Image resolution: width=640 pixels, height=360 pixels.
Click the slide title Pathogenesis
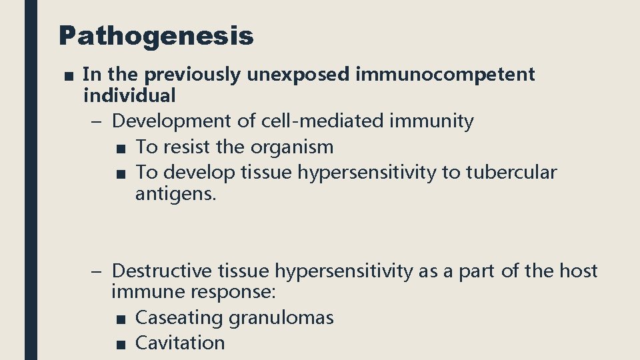coord(156,36)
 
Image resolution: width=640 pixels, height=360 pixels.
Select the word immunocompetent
coord(445,75)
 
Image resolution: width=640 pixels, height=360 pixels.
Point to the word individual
coord(129,96)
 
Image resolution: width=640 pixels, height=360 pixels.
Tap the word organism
coord(292,147)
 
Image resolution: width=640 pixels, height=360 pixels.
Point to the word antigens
coord(176,195)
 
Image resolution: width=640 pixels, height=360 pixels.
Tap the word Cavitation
coord(180,343)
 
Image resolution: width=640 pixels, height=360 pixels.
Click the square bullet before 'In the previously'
coord(68,75)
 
